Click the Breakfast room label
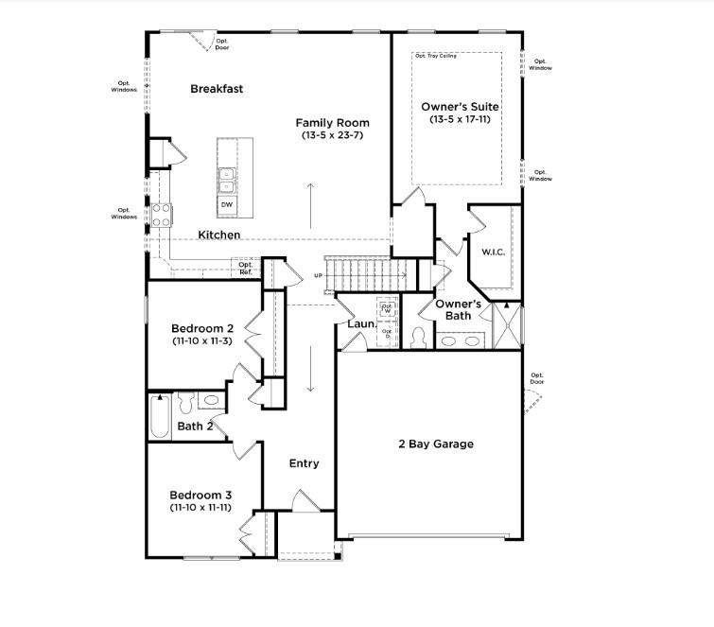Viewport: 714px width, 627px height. pyautogui.click(x=217, y=89)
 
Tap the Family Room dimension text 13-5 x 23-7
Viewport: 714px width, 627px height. pyautogui.click(x=332, y=136)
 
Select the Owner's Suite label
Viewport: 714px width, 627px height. pyautogui.click(x=460, y=107)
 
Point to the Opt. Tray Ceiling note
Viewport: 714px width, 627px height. pyautogui.click(x=436, y=57)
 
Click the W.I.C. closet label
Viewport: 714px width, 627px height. pyautogui.click(x=493, y=252)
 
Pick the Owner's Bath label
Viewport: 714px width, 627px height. pyautogui.click(x=459, y=309)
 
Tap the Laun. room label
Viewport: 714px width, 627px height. pyautogui.click(x=361, y=324)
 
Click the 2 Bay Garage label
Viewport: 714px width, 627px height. pyautogui.click(x=436, y=444)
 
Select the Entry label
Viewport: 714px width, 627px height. pyautogui.click(x=304, y=463)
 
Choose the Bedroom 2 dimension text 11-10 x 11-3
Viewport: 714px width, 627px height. pyautogui.click(x=200, y=340)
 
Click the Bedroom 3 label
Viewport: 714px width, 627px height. pyautogui.click(x=200, y=495)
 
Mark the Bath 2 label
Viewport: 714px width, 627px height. pyautogui.click(x=196, y=427)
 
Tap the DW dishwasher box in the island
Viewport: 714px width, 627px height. pyautogui.click(x=227, y=204)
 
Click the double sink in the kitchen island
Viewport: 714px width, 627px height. pyautogui.click(x=227, y=180)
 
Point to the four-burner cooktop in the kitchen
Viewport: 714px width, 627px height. pyautogui.click(x=161, y=215)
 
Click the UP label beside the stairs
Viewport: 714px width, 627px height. pyautogui.click(x=319, y=276)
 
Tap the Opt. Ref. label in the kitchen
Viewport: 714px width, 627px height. pyautogui.click(x=245, y=269)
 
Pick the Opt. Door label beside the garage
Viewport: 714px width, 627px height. pyautogui.click(x=537, y=380)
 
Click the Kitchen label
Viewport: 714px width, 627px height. pyautogui.click(x=218, y=235)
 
